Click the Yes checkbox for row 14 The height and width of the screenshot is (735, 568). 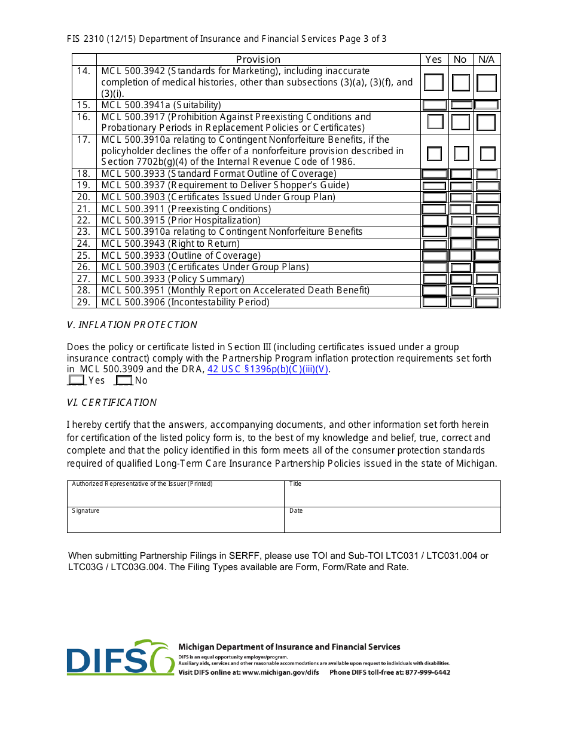point(434,82)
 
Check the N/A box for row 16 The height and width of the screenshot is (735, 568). point(486,122)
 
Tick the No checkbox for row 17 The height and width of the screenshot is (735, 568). point(461,154)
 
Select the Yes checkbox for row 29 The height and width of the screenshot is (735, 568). point(435,302)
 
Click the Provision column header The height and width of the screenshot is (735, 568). point(258,59)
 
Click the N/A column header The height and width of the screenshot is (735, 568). point(487,59)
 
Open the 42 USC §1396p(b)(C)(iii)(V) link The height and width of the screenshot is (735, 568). point(268,369)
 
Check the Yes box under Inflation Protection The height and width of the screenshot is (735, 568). point(77,380)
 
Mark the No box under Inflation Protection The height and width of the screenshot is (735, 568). point(124,380)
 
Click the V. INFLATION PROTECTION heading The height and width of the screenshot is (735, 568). point(132,325)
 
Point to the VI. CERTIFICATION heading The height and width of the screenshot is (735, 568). point(112,403)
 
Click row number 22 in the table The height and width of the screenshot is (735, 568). point(84,220)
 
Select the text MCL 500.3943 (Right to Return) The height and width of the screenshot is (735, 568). point(170,244)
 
